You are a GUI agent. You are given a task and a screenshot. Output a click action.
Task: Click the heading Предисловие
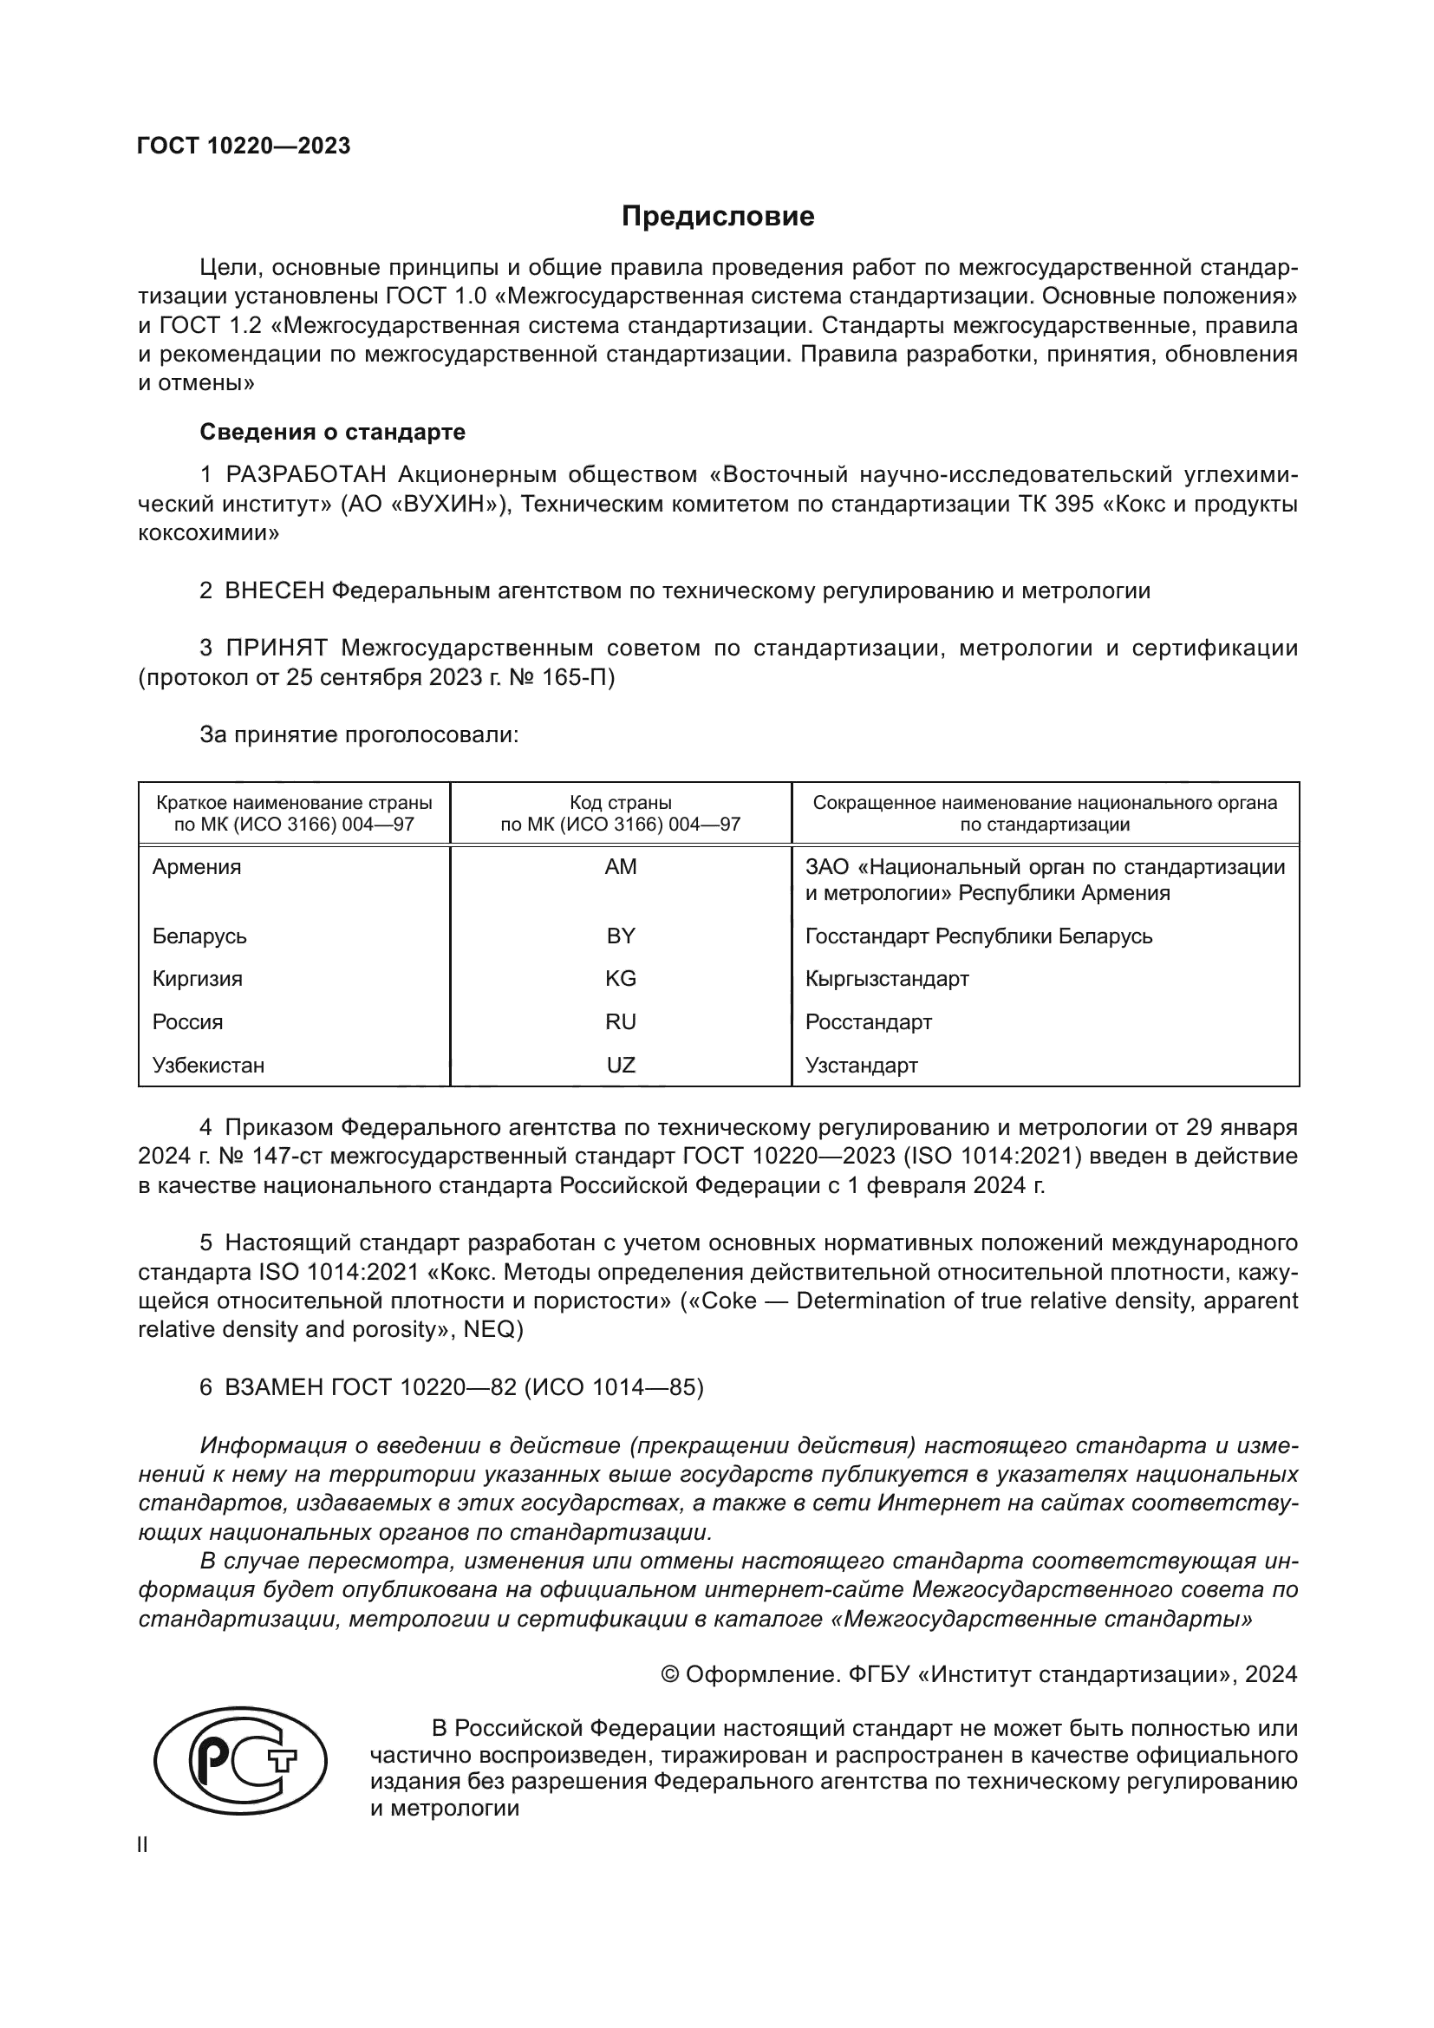(x=717, y=217)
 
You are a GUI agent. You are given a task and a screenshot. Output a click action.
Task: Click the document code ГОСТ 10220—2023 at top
(x=244, y=146)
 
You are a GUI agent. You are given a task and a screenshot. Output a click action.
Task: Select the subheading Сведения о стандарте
(x=332, y=432)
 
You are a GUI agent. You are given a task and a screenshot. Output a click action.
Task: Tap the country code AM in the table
(x=620, y=866)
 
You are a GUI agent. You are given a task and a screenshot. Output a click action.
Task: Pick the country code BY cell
(x=620, y=936)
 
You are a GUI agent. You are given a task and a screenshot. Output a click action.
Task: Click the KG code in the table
(x=620, y=979)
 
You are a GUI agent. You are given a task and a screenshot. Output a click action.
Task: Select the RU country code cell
(x=620, y=1022)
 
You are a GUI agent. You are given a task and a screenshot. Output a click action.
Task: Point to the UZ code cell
(x=620, y=1066)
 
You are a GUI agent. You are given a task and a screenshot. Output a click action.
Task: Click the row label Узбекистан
(x=208, y=1066)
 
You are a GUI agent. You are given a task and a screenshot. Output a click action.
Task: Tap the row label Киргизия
(x=197, y=979)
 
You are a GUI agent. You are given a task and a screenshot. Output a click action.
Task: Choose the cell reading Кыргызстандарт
(x=887, y=979)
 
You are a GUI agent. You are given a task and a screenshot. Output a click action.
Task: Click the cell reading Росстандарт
(x=868, y=1022)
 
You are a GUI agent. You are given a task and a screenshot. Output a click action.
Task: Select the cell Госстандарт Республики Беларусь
(x=978, y=936)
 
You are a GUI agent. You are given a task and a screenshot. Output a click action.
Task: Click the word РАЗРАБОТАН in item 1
(x=307, y=475)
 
